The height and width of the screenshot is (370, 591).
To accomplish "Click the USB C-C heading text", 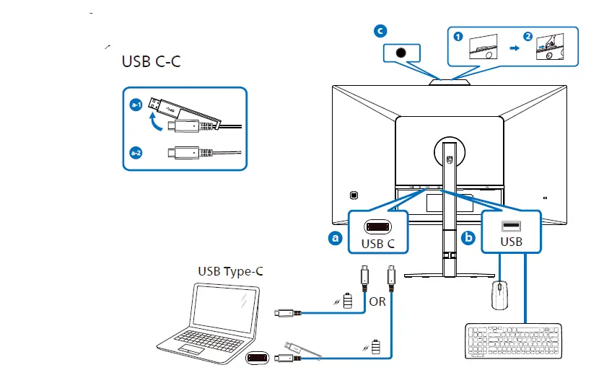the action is (x=151, y=61).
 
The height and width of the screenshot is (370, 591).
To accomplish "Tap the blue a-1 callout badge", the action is (x=136, y=105).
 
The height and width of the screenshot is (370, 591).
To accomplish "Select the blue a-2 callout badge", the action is (x=136, y=153).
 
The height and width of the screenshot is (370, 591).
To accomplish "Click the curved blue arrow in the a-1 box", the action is (x=155, y=122).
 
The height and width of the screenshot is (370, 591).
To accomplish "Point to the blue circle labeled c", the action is (x=380, y=31).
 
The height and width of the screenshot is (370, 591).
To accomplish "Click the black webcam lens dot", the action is (x=401, y=53).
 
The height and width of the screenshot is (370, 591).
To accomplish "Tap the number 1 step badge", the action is (x=458, y=37).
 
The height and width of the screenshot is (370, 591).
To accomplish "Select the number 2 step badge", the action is (x=527, y=37).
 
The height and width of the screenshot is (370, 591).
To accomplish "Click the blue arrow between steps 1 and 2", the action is (x=514, y=48).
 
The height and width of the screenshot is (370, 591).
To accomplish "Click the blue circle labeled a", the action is (x=335, y=238).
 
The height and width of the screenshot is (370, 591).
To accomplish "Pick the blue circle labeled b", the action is (x=468, y=238).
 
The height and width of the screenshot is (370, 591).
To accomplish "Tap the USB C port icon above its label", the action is (x=377, y=226).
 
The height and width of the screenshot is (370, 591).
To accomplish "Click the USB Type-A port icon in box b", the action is (x=511, y=226).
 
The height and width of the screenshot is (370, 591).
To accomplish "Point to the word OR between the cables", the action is (x=377, y=301).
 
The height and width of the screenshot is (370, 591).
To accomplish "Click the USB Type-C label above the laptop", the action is (x=230, y=271).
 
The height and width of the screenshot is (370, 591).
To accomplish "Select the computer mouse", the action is (x=500, y=295).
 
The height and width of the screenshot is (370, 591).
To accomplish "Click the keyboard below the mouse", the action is (x=513, y=341).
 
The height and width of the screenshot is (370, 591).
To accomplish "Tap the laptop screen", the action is (x=225, y=309).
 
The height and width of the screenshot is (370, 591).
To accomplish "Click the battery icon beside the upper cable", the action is (x=348, y=301).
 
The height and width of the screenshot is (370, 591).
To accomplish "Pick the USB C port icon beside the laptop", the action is (x=258, y=358).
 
